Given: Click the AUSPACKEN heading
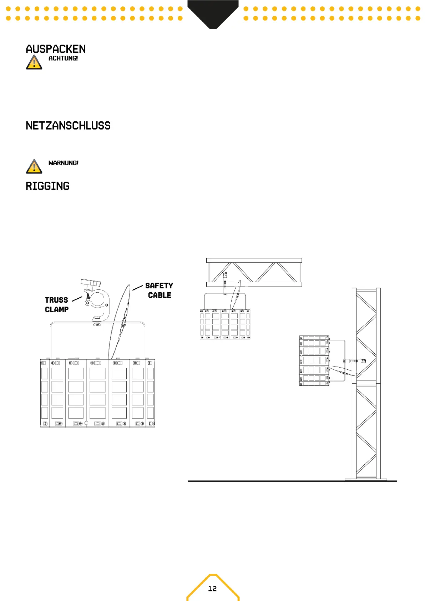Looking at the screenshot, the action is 56,49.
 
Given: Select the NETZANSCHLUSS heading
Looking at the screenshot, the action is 68,126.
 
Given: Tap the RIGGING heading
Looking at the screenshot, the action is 47,186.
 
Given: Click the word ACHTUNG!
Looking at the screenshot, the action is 63,58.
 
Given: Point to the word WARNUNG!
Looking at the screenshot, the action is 64,163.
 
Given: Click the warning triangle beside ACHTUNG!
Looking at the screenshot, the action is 34,62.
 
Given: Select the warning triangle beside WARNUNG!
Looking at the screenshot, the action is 34,167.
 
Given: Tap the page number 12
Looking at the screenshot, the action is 212,589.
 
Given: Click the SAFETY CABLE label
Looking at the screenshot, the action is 159,291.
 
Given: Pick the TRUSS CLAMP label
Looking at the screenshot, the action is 56,305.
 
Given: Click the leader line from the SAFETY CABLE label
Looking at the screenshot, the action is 138,287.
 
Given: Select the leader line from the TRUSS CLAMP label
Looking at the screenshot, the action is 77,299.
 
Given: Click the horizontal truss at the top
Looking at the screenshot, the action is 254,272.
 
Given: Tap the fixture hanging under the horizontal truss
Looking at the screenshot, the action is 225,324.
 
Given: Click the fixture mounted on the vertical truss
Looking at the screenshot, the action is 314,360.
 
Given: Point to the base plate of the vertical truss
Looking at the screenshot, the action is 366,479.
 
